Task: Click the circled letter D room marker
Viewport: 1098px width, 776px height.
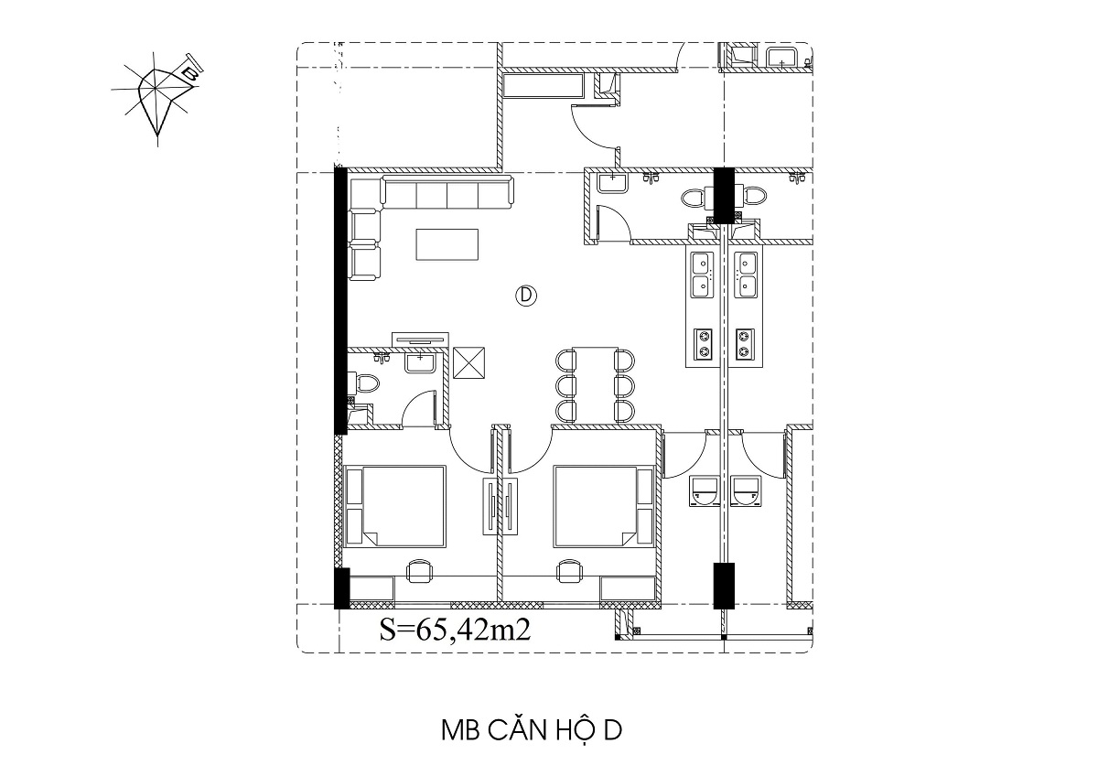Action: [x=526, y=296]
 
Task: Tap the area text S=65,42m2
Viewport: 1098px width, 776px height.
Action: [x=455, y=630]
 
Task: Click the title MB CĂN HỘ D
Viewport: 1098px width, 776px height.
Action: [x=532, y=730]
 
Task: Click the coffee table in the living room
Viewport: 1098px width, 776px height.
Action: [x=447, y=244]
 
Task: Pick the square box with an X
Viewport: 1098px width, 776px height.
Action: [x=468, y=362]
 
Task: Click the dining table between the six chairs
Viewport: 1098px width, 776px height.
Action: [x=595, y=385]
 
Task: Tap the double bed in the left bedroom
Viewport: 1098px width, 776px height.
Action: [x=395, y=506]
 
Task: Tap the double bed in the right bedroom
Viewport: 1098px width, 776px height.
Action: [x=604, y=506]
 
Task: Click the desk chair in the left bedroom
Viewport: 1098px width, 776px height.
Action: [x=420, y=571]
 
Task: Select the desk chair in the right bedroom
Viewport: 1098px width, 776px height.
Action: [x=571, y=571]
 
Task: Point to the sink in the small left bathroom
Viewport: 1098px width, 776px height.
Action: [x=420, y=361]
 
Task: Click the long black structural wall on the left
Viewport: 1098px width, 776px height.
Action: [x=340, y=300]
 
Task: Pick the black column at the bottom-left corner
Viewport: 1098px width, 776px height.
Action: [x=341, y=588]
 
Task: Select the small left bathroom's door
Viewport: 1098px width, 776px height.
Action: [x=419, y=407]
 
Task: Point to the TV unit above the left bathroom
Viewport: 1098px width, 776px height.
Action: [x=420, y=339]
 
